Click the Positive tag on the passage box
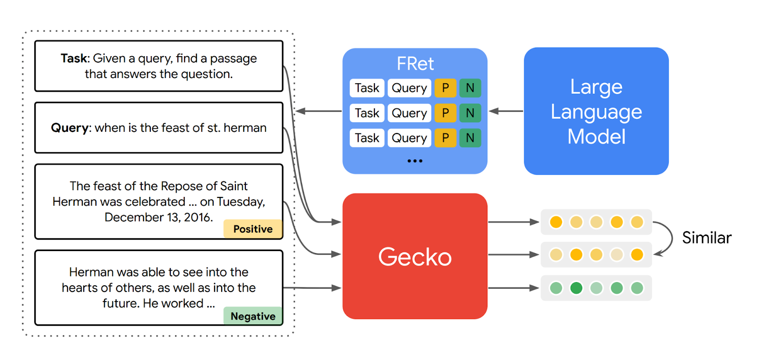click(x=253, y=229)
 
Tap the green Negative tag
click(x=253, y=316)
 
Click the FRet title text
click(x=415, y=64)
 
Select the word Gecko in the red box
click(x=415, y=257)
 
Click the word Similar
click(x=707, y=238)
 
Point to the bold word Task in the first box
click(x=74, y=58)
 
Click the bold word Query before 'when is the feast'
click(x=70, y=128)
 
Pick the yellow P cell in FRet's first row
click(x=445, y=88)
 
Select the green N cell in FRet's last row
click(x=470, y=138)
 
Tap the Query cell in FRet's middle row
click(x=409, y=113)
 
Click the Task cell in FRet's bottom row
click(x=367, y=138)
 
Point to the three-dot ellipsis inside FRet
click(x=415, y=161)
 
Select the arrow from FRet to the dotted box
click(x=318, y=111)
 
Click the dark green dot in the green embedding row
click(x=576, y=288)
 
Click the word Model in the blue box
click(x=596, y=137)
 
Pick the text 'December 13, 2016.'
click(x=158, y=217)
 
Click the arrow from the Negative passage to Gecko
click(x=312, y=288)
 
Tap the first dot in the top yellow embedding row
click(x=556, y=222)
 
